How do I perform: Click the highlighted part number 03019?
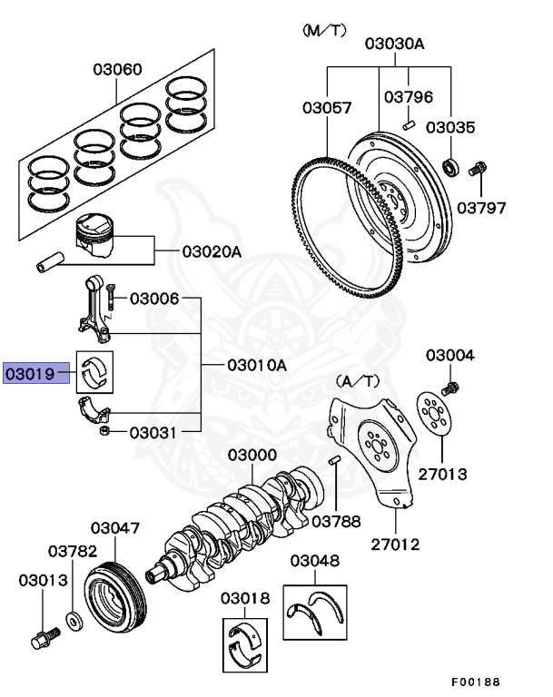pyautogui.click(x=37, y=372)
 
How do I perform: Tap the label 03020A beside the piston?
pyautogui.click(x=212, y=251)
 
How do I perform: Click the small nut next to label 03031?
pyautogui.click(x=105, y=430)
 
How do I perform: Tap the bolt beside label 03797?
pyautogui.click(x=478, y=169)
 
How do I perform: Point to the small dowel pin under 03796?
pyautogui.click(x=410, y=120)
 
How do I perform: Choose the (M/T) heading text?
pyautogui.click(x=324, y=31)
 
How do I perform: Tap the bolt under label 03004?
pyautogui.click(x=450, y=388)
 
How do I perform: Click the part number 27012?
pyautogui.click(x=395, y=544)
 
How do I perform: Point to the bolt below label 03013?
pyautogui.click(x=40, y=636)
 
